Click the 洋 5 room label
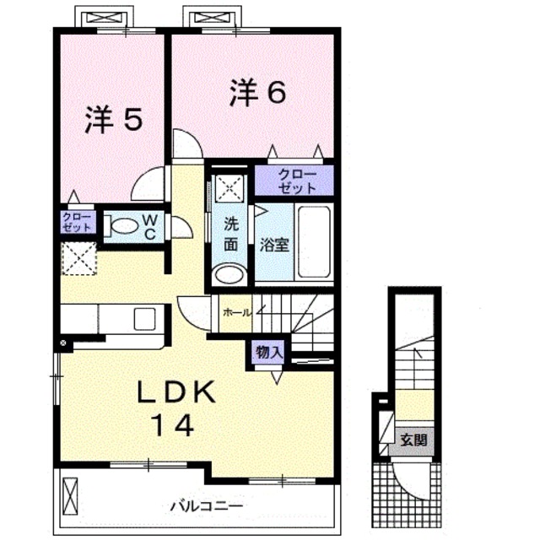click(x=112, y=121)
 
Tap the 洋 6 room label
click(x=255, y=92)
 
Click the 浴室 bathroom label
click(x=276, y=246)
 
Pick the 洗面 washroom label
click(x=230, y=235)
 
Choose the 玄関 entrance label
click(x=413, y=439)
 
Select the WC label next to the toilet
click(x=148, y=225)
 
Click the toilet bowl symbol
click(x=123, y=226)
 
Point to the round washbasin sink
click(x=229, y=274)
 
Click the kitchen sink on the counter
click(x=143, y=319)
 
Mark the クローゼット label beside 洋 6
click(x=295, y=181)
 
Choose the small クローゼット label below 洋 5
click(x=78, y=223)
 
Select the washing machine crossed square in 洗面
click(x=229, y=187)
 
